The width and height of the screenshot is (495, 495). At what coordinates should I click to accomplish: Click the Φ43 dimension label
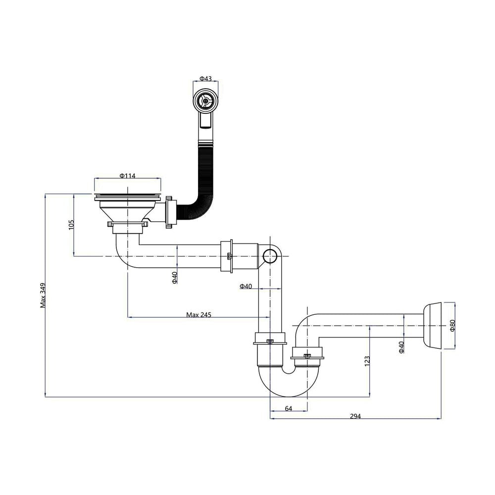tap(205, 78)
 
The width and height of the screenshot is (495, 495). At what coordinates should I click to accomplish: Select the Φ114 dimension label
tap(128, 176)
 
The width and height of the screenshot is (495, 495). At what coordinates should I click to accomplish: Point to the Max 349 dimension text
tap(43, 295)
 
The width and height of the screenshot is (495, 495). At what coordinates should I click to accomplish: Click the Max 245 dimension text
tap(198, 314)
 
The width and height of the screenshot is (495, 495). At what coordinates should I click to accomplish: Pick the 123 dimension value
tap(367, 361)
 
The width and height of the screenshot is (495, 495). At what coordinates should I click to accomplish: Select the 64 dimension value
tap(289, 408)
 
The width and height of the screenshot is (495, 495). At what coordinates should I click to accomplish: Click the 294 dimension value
tap(355, 416)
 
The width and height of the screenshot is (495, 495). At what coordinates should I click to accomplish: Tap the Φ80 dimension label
tap(452, 326)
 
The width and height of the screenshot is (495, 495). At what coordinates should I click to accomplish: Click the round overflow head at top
tap(205, 100)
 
